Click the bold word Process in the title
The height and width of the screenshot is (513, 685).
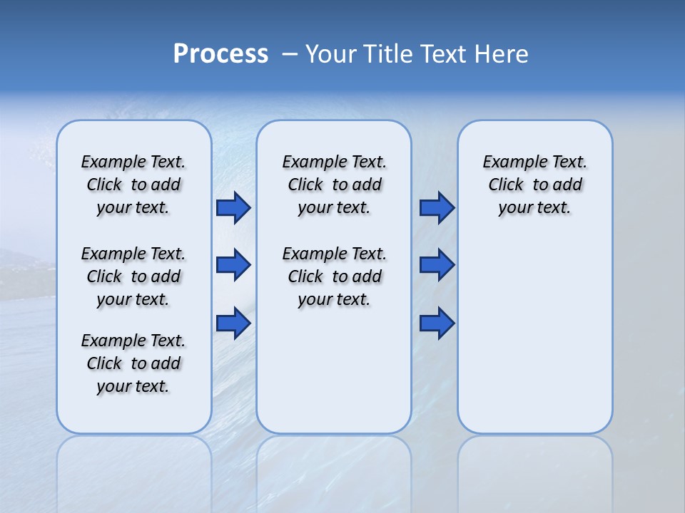click(220, 54)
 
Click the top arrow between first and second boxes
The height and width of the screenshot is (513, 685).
click(233, 207)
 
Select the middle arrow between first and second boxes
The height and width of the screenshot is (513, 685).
click(233, 265)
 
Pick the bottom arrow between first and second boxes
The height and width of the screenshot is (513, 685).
click(233, 323)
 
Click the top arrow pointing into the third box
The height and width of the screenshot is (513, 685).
click(437, 207)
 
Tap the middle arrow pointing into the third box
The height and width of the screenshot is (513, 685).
click(437, 265)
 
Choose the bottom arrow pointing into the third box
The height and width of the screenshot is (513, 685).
click(437, 323)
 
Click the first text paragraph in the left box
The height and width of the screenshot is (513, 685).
click(133, 185)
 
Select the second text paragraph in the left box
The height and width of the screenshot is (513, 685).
click(133, 276)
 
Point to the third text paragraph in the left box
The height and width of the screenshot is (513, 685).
click(133, 363)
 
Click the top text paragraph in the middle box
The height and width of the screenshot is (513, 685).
click(334, 185)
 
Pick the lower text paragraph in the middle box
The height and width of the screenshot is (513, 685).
click(334, 276)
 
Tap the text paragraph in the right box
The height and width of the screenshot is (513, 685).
click(534, 185)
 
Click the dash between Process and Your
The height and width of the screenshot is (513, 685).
click(290, 54)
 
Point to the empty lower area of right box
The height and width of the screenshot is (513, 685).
click(534, 342)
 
